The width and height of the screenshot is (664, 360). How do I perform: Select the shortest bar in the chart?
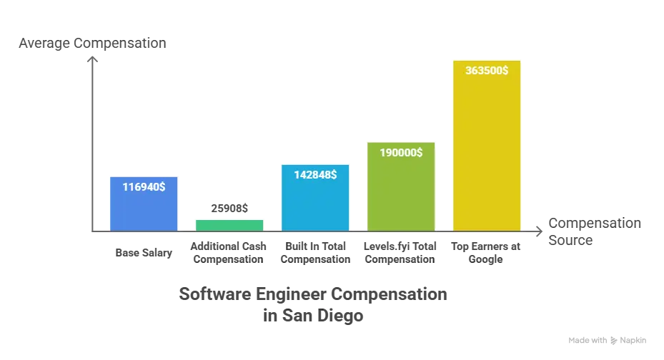tap(229, 224)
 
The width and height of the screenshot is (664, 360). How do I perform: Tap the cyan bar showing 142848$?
tap(315, 196)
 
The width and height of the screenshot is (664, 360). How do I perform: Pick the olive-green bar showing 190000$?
tap(401, 185)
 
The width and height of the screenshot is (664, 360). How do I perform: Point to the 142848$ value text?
tap(315, 174)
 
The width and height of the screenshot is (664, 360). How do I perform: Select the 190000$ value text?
tap(401, 152)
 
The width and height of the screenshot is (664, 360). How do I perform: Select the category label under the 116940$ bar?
tap(145, 251)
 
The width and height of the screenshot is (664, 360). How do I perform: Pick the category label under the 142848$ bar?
tap(315, 251)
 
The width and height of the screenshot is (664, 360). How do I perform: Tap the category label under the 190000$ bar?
tap(400, 251)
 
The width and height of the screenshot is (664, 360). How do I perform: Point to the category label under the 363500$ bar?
tap(485, 251)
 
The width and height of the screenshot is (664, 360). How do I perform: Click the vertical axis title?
tap(91, 44)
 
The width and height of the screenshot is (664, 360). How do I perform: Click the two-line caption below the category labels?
tap(314, 304)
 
